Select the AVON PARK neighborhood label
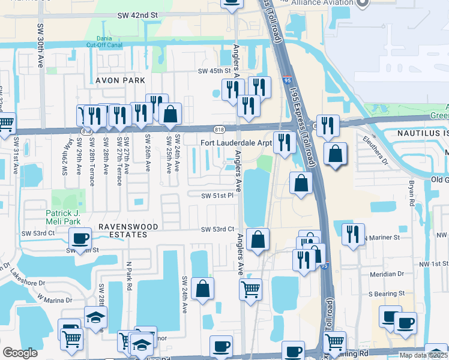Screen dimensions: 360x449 [x=120, y=80]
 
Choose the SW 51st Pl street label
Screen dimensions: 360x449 [x=217, y=195]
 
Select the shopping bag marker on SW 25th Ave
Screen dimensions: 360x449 [x=170, y=115]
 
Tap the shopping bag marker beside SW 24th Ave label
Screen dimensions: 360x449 [x=203, y=289]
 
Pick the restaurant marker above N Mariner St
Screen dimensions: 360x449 [x=354, y=233]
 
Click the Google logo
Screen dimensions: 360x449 [x=20, y=353]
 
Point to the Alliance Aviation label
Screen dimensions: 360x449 [x=322, y=3]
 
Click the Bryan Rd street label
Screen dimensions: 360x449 [x=412, y=192]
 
